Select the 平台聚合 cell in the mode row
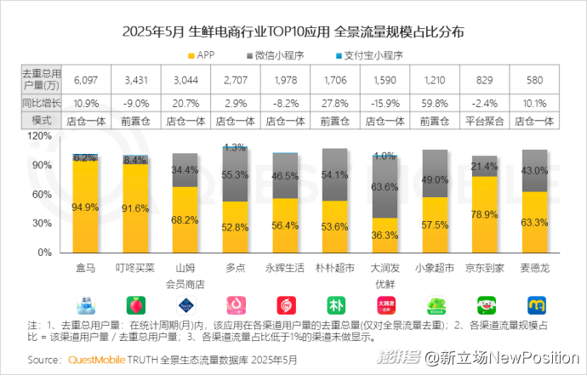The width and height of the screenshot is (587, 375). pos(483,121)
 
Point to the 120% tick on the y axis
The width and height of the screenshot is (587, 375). pos(40,135)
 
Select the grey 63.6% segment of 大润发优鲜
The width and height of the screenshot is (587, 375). pos(385,186)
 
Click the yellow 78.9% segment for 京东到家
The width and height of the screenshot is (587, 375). pos(484,213)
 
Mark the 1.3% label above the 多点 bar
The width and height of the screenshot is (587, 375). pos(234,147)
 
